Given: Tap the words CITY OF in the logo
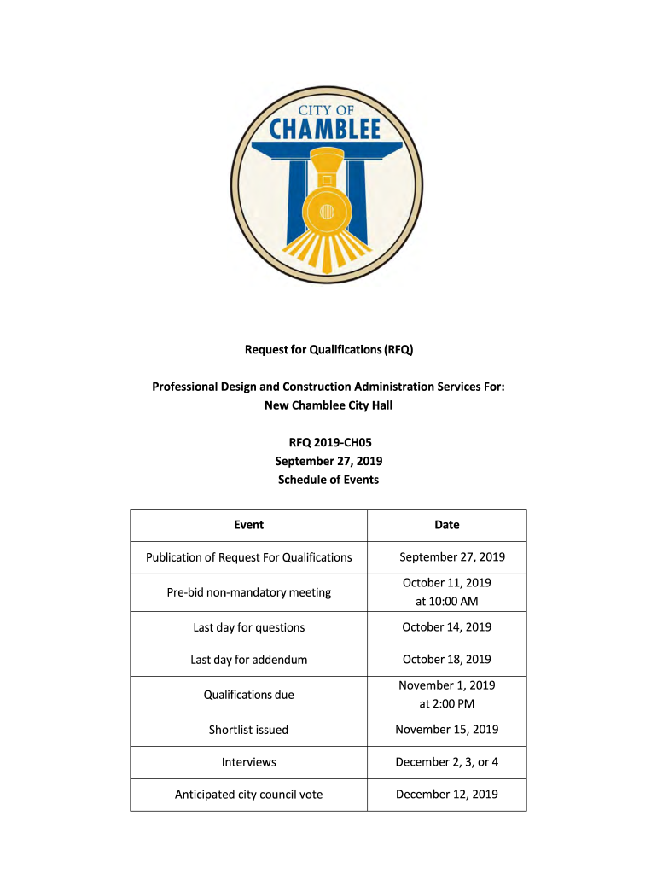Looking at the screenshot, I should click(x=328, y=108).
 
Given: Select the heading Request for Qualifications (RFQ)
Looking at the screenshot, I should click(x=328, y=349).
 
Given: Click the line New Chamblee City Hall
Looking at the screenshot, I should click(x=328, y=405).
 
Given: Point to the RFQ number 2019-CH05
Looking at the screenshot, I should click(x=328, y=442).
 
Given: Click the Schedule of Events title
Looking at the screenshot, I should click(x=328, y=480).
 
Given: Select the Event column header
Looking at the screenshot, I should click(x=249, y=525).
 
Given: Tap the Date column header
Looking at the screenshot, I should click(x=447, y=525).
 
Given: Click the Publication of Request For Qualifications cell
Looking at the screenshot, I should click(x=249, y=557).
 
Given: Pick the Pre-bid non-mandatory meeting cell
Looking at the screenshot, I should click(x=249, y=592).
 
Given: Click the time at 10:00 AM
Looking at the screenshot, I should click(x=447, y=602).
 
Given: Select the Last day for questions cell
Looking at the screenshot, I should click(x=249, y=627).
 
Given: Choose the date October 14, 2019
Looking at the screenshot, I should click(x=447, y=627).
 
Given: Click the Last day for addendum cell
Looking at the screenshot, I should click(x=249, y=660).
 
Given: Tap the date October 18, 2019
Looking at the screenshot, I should click(x=447, y=660).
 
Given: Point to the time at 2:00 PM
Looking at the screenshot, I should click(x=447, y=704).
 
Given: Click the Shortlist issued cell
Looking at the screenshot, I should click(x=249, y=730).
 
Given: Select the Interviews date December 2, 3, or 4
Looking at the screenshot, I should click(x=447, y=762).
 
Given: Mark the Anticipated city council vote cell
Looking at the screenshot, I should click(x=249, y=795).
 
